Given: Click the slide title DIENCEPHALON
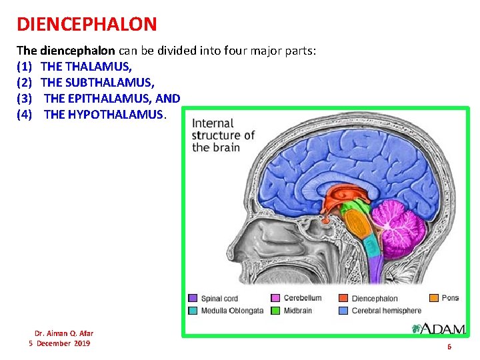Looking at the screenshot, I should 87,25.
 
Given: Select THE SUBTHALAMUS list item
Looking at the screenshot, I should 97,83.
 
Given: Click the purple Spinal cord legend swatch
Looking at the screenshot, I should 193,299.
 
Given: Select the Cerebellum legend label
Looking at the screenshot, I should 302,298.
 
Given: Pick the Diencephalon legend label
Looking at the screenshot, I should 374,299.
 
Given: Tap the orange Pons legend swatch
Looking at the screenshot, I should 433,298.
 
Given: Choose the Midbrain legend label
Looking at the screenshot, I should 299,311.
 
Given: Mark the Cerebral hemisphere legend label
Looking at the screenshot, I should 386,311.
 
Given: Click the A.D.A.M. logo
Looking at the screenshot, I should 439,328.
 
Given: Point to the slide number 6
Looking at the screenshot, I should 449,347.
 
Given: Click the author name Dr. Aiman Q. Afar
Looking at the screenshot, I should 64,333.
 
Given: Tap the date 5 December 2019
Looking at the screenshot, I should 59,343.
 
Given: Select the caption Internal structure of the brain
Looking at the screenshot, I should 223,135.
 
